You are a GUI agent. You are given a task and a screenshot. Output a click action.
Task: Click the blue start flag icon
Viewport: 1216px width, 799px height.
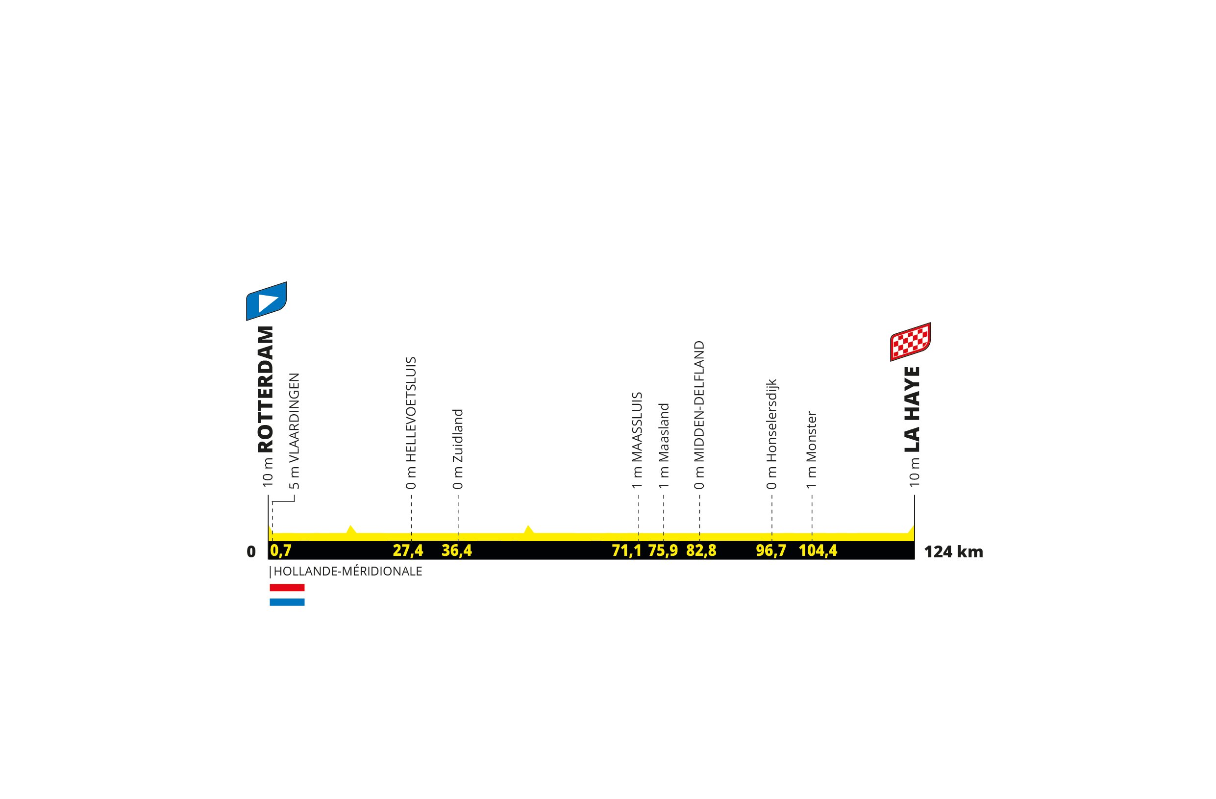(266, 301)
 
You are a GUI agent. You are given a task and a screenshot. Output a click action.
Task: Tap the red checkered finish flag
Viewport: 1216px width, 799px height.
(910, 342)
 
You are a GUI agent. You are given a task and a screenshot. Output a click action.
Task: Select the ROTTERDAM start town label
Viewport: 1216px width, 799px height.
(266, 389)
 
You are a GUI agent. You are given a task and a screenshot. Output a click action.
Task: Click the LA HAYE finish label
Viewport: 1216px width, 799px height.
(912, 409)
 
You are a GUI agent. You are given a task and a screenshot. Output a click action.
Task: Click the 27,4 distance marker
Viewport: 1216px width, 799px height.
(408, 550)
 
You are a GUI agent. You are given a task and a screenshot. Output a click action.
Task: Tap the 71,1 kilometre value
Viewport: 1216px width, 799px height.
(627, 550)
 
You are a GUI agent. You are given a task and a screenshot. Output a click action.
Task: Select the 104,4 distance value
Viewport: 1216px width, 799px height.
(818, 550)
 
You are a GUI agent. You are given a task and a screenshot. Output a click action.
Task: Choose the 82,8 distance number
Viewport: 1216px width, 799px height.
(701, 550)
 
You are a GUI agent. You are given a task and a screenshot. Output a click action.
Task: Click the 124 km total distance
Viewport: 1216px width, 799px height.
(953, 552)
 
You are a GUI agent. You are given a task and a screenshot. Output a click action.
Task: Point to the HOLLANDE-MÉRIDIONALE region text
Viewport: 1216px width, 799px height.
(347, 571)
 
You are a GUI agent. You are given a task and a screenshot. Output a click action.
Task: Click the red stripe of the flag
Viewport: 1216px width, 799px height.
(287, 588)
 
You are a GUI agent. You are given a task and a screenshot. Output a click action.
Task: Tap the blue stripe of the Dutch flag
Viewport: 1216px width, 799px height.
(287, 602)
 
